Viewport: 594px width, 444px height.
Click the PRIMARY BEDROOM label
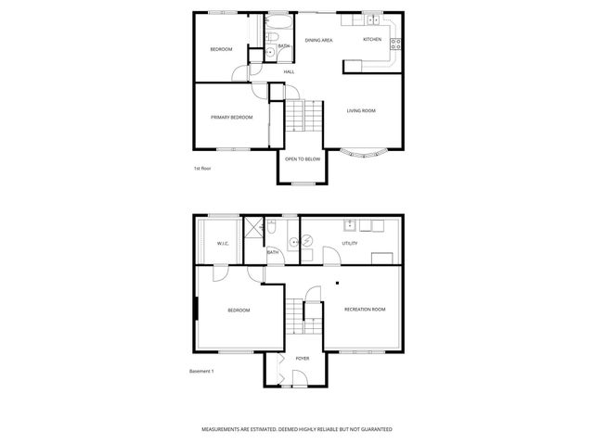click(x=232, y=118)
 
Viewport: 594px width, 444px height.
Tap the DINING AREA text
click(x=319, y=41)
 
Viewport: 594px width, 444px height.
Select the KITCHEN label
click(x=372, y=40)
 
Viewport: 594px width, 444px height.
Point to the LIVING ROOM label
click(x=361, y=111)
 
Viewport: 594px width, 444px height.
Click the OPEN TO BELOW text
click(x=303, y=159)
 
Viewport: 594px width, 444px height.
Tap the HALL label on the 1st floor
click(x=289, y=72)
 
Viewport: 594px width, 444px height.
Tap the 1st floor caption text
click(x=202, y=169)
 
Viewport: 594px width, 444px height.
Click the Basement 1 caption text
click(x=201, y=372)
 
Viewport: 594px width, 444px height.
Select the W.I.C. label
click(x=223, y=244)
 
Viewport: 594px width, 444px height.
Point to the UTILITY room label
click(x=350, y=244)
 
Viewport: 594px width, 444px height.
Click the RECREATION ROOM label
click(x=364, y=309)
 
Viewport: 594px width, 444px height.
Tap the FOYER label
click(x=303, y=358)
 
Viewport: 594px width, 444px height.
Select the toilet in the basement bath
click(x=272, y=226)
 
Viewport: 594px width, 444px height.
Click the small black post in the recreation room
click(x=338, y=283)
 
